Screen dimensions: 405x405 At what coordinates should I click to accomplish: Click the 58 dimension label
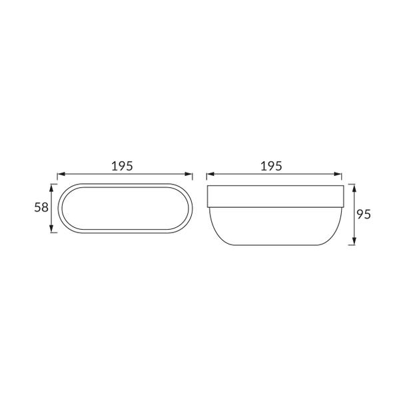tap(41, 207)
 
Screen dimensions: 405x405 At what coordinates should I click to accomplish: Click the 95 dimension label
tap(364, 214)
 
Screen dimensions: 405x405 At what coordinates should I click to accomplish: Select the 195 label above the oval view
tap(122, 166)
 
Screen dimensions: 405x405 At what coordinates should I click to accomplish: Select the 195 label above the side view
tap(271, 166)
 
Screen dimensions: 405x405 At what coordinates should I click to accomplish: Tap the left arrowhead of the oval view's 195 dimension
tap(61, 174)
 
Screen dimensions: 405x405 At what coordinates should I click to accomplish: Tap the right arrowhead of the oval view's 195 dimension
tap(189, 174)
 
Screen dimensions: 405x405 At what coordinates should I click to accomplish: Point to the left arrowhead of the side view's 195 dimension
tap(210, 174)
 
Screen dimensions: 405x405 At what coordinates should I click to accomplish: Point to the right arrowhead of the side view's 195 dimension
tap(338, 174)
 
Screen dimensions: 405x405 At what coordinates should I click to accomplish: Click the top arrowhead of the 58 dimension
tap(51, 188)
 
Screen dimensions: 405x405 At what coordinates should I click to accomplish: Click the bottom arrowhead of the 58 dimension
tap(51, 229)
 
